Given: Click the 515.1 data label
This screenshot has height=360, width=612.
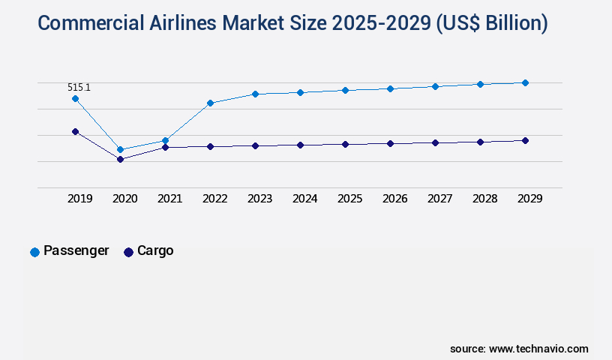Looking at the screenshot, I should (79, 88).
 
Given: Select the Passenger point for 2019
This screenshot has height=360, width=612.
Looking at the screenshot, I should (75, 98).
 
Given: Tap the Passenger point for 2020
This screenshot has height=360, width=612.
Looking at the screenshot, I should (120, 149).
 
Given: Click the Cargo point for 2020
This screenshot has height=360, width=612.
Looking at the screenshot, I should (120, 159).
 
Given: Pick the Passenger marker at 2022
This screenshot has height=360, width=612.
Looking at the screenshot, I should (210, 103).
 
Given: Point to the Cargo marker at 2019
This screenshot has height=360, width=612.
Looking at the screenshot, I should (75, 131).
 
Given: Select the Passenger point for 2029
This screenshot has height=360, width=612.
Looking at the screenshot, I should (525, 82).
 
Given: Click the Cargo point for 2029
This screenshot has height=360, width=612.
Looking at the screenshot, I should (525, 140).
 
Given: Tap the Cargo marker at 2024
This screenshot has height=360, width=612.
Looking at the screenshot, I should (300, 145).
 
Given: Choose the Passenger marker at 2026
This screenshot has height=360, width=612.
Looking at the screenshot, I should (390, 88).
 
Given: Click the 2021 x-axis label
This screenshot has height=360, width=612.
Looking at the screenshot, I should (169, 199).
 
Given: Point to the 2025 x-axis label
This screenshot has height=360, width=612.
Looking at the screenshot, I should (349, 199).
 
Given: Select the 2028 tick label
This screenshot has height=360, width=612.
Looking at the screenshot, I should (484, 199).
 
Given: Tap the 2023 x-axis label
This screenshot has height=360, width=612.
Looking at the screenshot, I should (259, 199).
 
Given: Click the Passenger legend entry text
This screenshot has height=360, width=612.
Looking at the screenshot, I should (76, 250).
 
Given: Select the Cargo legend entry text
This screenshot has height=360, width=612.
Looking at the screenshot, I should (155, 250).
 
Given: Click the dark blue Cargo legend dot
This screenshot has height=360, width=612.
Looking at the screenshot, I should (128, 252).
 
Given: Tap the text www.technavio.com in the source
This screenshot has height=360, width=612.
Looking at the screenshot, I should (538, 349).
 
